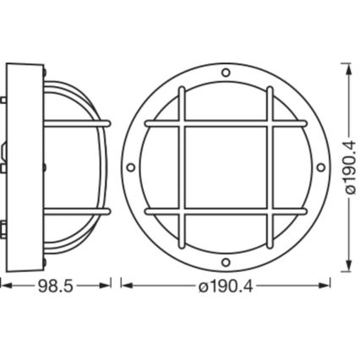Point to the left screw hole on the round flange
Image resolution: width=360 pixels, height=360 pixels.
click(133, 167)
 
